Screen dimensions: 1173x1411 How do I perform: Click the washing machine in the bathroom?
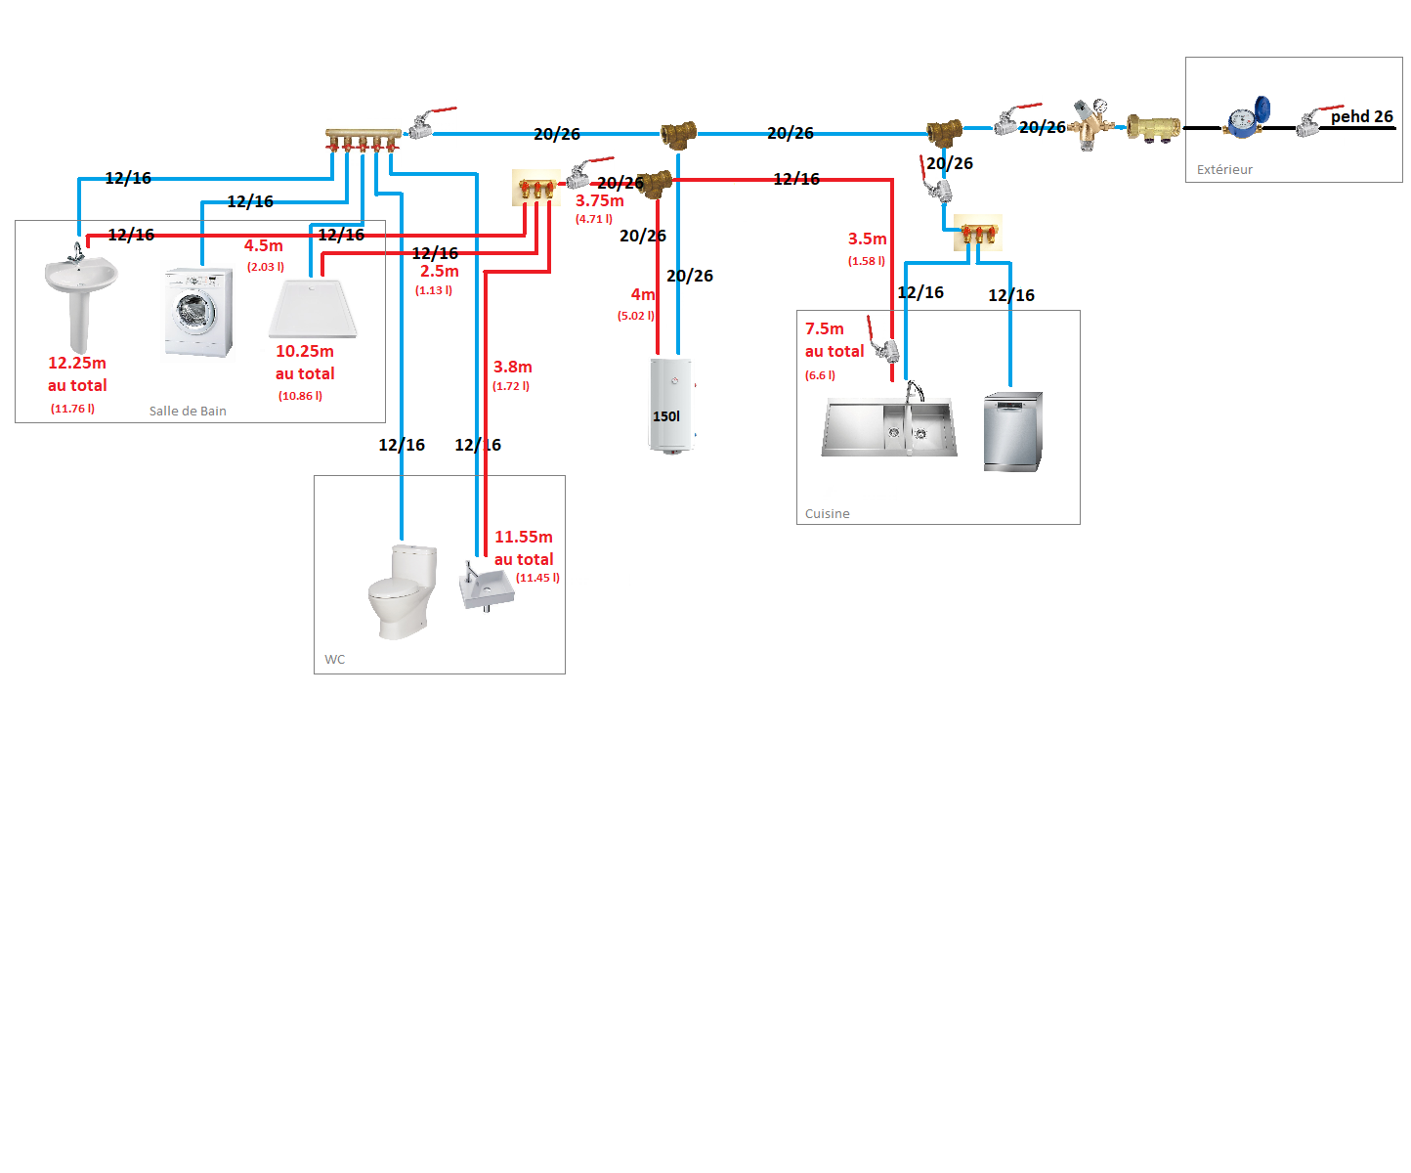pyautogui.click(x=198, y=312)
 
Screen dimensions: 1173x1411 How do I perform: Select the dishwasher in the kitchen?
pyautogui.click(x=1012, y=431)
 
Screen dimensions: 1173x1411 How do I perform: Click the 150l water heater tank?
pyautogui.click(x=670, y=405)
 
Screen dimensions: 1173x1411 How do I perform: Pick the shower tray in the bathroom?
pyautogui.click(x=313, y=308)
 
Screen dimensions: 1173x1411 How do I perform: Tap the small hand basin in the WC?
pyautogui.click(x=486, y=585)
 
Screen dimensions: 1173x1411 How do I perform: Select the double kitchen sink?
pyautogui.click(x=889, y=426)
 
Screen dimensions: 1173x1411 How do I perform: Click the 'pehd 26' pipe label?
pyautogui.click(x=1361, y=116)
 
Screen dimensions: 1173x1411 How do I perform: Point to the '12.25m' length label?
pyautogui.click(x=77, y=363)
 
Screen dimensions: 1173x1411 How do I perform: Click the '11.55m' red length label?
pyautogui.click(x=524, y=537)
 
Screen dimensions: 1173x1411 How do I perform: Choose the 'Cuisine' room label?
pyautogui.click(x=827, y=513)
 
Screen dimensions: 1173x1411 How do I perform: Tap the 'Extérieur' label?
pyautogui.click(x=1224, y=169)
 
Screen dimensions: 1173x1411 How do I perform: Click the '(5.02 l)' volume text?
pyautogui.click(x=635, y=316)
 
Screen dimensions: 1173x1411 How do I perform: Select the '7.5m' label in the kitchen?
pyautogui.click(x=824, y=328)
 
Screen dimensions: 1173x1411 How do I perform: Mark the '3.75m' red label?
pyautogui.click(x=599, y=200)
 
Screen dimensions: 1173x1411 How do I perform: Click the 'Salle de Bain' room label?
pyautogui.click(x=188, y=411)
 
